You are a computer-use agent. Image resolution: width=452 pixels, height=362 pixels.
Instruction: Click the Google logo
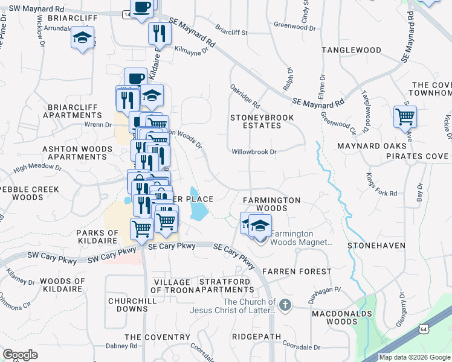[21, 355]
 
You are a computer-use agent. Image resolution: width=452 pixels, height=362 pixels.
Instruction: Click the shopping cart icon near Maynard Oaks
[404, 116]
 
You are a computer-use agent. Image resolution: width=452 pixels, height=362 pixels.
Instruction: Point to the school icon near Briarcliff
[82, 39]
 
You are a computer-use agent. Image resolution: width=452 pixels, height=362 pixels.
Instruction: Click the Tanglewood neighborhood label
[351, 49]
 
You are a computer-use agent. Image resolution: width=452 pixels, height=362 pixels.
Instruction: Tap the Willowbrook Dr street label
[254, 152]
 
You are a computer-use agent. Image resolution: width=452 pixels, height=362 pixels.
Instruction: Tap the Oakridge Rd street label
[245, 96]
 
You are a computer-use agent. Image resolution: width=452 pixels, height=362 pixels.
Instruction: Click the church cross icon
[285, 305]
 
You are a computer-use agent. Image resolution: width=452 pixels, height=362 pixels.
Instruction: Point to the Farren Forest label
[296, 271]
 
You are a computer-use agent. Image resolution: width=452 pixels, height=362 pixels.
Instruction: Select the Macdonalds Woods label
[334, 317]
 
